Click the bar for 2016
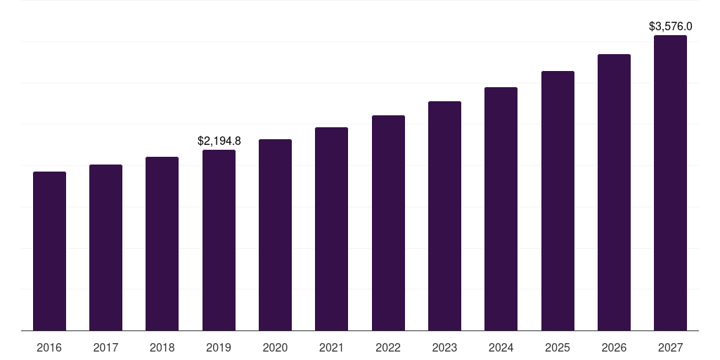click(49, 251)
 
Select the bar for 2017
click(105, 247)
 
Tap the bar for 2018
click(162, 243)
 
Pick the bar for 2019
click(219, 240)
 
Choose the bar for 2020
click(275, 235)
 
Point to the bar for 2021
click(331, 229)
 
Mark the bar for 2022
click(388, 223)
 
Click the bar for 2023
click(444, 216)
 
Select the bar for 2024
click(501, 209)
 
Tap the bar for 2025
click(558, 200)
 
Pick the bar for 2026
click(614, 192)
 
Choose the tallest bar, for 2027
click(670, 183)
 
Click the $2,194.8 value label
click(219, 141)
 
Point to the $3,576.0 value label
click(670, 27)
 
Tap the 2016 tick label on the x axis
click(49, 347)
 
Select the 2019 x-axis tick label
click(219, 347)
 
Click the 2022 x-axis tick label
click(388, 347)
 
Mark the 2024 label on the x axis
click(501, 347)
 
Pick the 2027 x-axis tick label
click(670, 347)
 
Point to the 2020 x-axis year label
click(275, 347)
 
